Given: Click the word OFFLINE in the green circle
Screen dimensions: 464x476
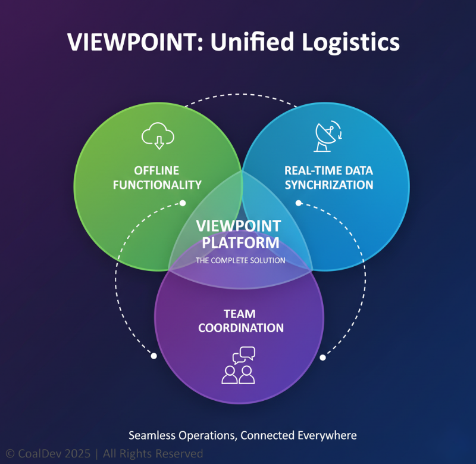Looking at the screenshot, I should pos(157,171).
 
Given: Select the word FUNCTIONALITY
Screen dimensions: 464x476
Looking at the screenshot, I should pos(157,185).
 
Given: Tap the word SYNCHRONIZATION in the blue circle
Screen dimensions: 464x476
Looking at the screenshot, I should pos(328,185).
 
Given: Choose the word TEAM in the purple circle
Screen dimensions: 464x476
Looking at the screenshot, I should pos(239,314).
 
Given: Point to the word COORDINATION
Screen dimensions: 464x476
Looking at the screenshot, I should pos(240,328).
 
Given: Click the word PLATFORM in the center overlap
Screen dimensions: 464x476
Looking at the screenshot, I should pos(240,242).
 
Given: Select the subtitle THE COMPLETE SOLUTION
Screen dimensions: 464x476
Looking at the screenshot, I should pos(240,260).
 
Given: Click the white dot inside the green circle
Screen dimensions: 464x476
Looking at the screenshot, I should pos(183,203).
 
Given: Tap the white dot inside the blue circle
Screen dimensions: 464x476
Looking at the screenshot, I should pos(299,203).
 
